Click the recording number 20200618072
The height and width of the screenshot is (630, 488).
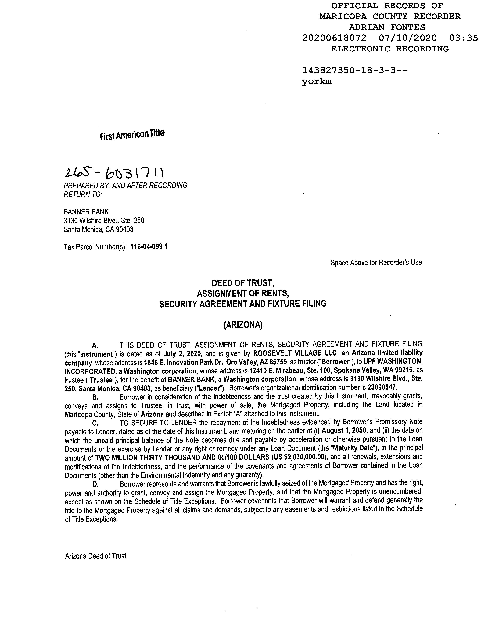point(334,38)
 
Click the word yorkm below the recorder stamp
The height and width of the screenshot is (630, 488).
point(317,81)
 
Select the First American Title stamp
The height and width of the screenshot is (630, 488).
point(132,134)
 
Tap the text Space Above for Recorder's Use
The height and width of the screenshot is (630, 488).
point(376,263)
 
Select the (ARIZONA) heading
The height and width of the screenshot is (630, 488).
point(243,325)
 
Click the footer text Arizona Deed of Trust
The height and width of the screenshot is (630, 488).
point(96,556)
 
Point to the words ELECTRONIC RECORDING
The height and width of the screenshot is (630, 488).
point(390,49)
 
